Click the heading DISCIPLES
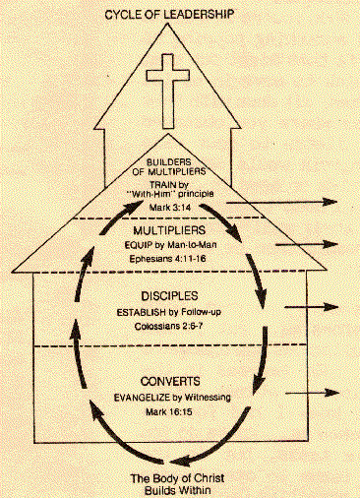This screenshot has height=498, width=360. click(178, 295)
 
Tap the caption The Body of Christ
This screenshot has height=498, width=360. click(179, 478)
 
